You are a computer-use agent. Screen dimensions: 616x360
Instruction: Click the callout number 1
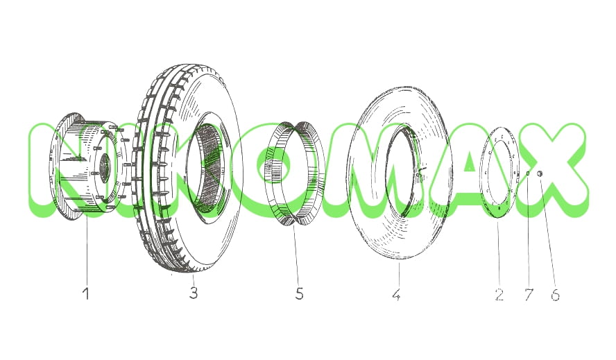[x=86, y=293]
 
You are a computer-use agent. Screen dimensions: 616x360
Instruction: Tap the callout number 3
[x=194, y=293]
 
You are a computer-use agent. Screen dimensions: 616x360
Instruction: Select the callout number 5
[x=300, y=293]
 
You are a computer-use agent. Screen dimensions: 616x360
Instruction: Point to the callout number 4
[x=396, y=294]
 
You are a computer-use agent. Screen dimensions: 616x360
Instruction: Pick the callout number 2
[x=499, y=294]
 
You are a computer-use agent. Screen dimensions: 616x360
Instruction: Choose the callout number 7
[x=529, y=294]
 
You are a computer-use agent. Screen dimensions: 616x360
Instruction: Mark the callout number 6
[x=555, y=295]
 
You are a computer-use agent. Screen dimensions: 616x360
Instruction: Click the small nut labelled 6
[x=540, y=173]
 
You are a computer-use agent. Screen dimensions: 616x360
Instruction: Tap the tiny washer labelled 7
[x=529, y=173]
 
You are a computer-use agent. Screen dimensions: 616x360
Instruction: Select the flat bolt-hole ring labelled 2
[x=486, y=173]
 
